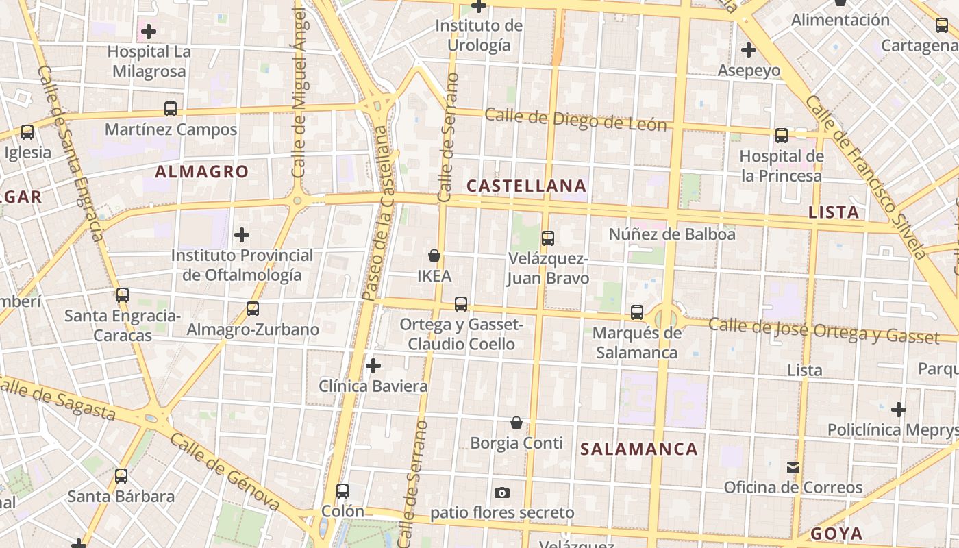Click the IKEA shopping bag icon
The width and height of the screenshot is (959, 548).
pyautogui.click(x=434, y=256)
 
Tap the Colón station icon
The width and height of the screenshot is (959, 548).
pyautogui.click(x=342, y=491)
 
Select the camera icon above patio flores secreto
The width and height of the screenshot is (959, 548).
pyautogui.click(x=502, y=493)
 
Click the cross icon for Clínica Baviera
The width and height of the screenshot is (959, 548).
pyautogui.click(x=373, y=366)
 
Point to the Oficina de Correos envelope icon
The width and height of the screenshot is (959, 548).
pyautogui.click(x=793, y=468)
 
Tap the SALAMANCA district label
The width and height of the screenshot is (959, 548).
pyautogui.click(x=638, y=449)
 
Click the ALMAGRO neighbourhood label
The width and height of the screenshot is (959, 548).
pyautogui.click(x=201, y=171)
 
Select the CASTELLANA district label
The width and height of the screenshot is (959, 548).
pyautogui.click(x=526, y=186)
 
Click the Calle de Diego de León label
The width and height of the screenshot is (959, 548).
pyautogui.click(x=575, y=119)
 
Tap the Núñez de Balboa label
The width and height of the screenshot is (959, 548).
pyautogui.click(x=672, y=234)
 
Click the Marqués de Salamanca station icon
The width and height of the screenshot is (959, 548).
pyautogui.click(x=637, y=312)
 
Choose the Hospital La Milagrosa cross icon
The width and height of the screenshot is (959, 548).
pyautogui.click(x=148, y=32)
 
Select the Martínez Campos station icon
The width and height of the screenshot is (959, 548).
pyautogui.click(x=171, y=109)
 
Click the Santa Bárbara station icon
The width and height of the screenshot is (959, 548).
pyautogui.click(x=121, y=475)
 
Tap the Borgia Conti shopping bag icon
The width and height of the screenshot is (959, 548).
pyautogui.click(x=516, y=423)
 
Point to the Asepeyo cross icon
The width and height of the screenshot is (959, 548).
pyautogui.click(x=749, y=50)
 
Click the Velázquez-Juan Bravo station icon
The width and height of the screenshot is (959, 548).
pyautogui.click(x=548, y=238)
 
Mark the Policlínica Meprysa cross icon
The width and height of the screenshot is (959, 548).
pyautogui.click(x=899, y=410)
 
